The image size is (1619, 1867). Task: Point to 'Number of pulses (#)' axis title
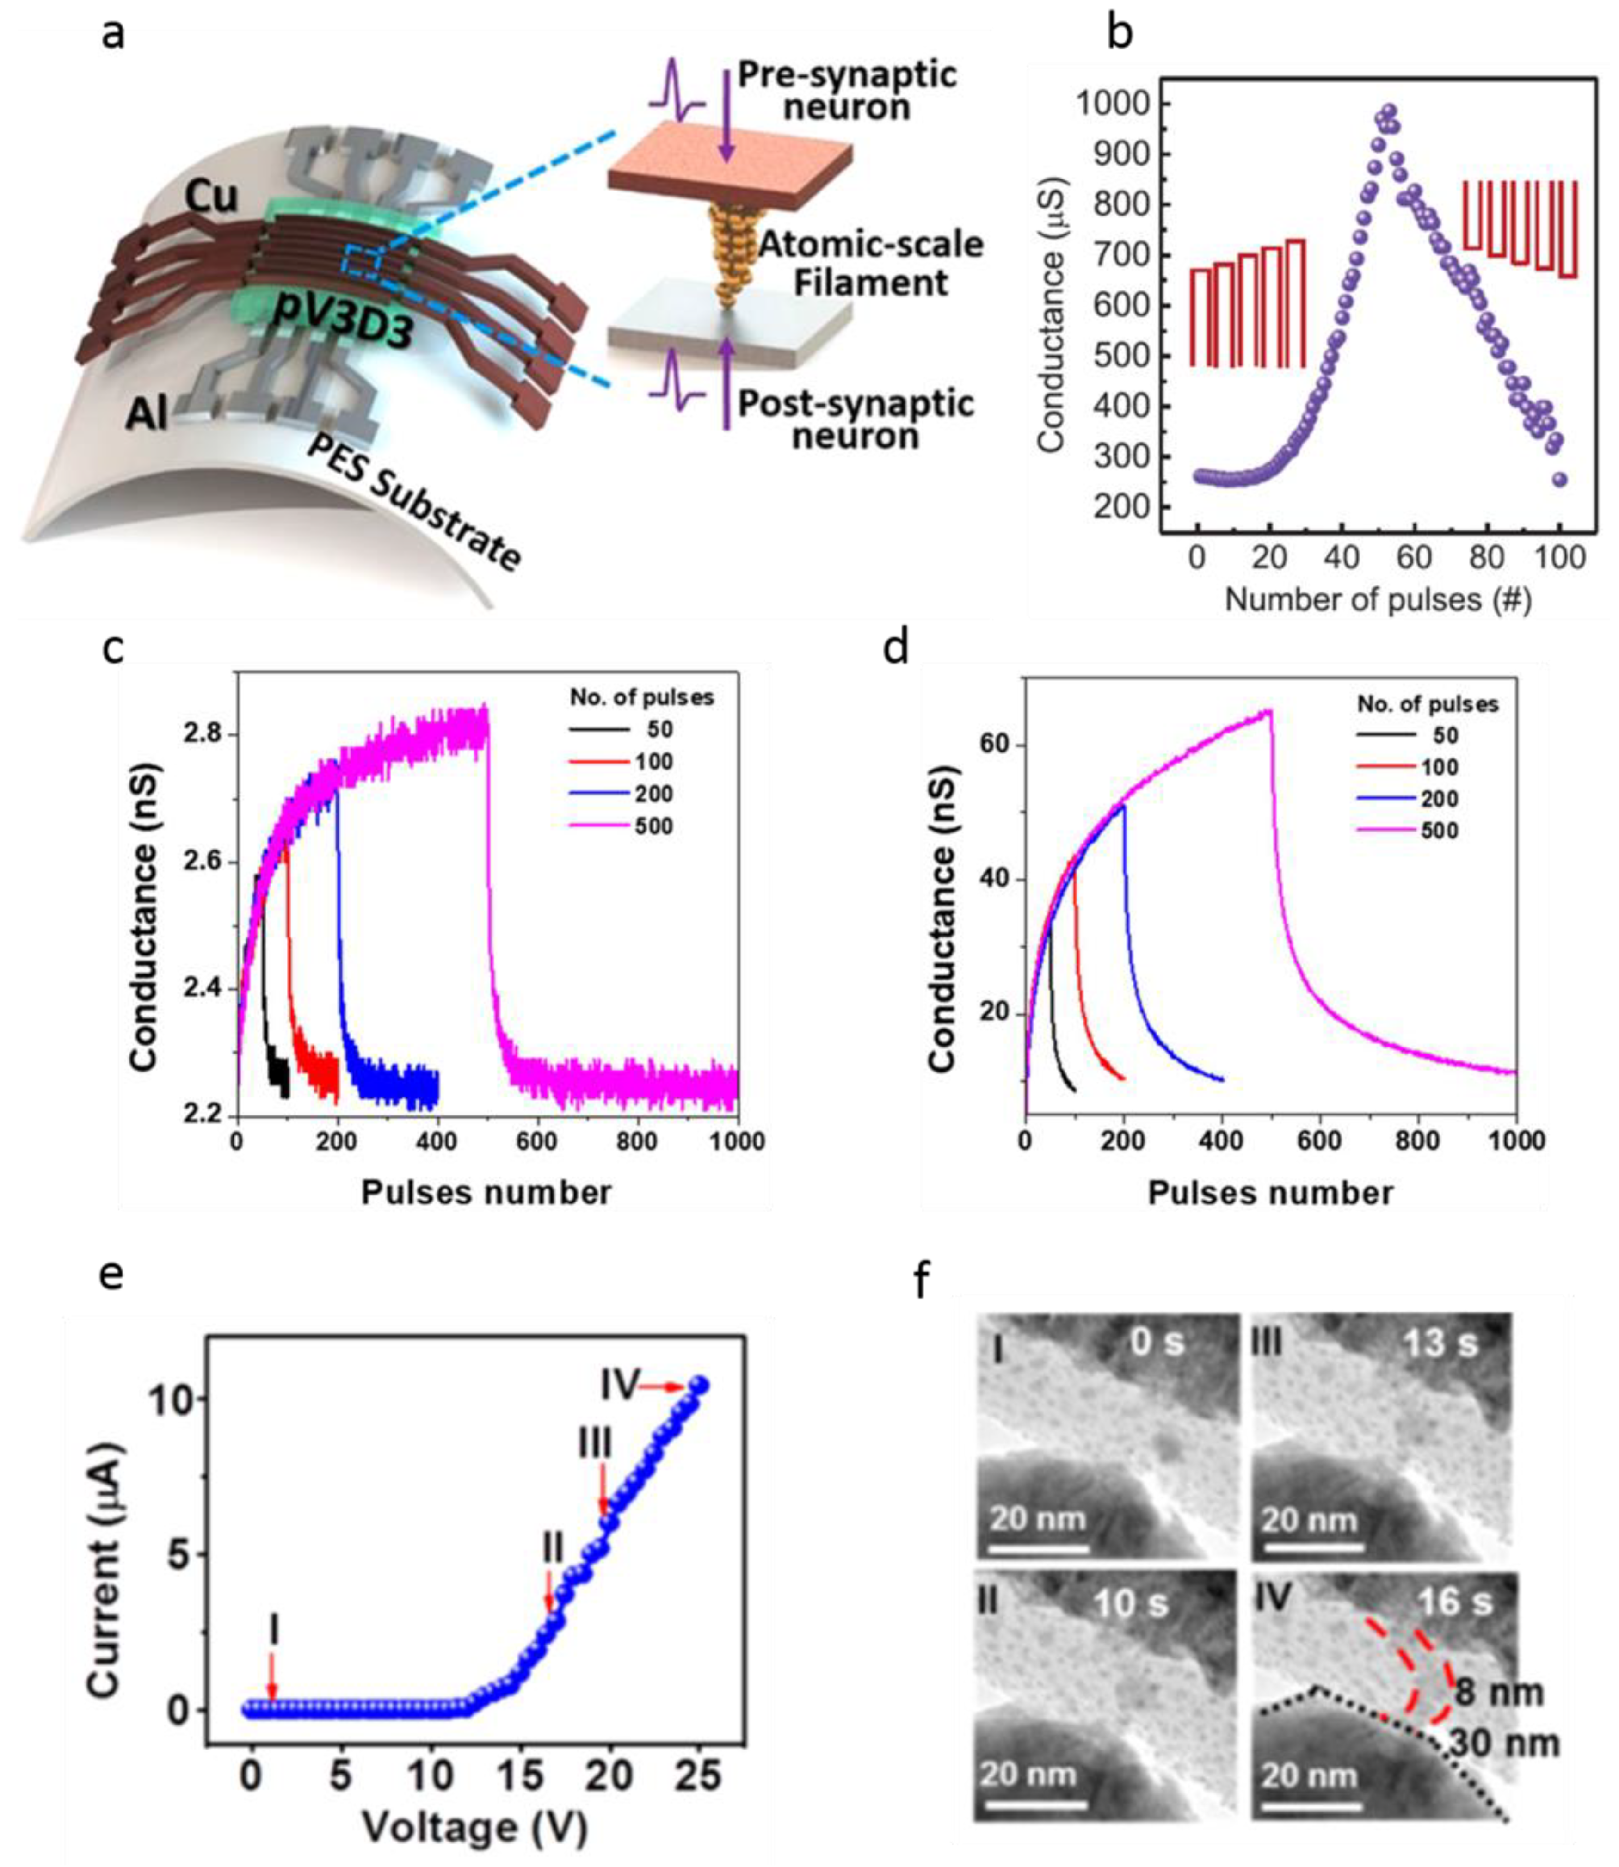point(1378,599)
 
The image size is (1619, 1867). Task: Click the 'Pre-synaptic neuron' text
point(847,90)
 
